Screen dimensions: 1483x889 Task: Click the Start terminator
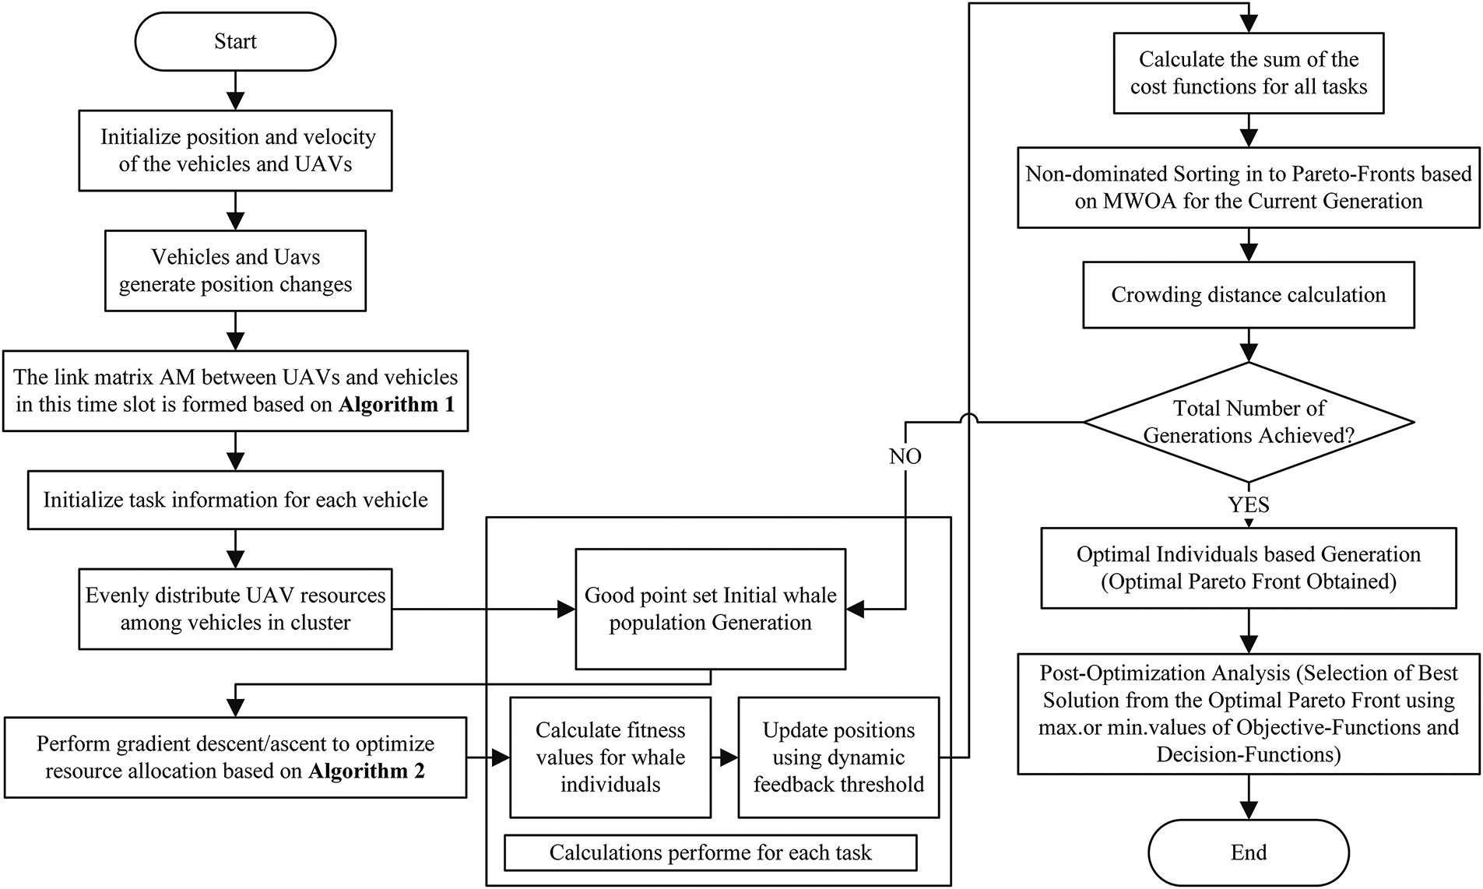(x=235, y=41)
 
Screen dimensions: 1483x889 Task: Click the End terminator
(x=1249, y=852)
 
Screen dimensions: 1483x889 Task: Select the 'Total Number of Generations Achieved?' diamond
(x=1249, y=422)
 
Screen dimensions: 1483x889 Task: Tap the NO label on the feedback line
(x=905, y=456)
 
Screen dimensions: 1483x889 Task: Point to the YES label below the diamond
(x=1249, y=505)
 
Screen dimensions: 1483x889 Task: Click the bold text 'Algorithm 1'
(x=396, y=405)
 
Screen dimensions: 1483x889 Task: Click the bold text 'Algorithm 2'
(x=367, y=771)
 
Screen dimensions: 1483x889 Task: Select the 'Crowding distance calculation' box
(x=1249, y=295)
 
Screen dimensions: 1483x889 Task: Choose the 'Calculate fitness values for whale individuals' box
(x=610, y=757)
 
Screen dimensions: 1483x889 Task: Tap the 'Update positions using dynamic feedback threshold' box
(x=838, y=757)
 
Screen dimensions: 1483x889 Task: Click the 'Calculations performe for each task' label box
(x=710, y=852)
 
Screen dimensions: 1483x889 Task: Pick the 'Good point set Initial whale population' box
(x=710, y=609)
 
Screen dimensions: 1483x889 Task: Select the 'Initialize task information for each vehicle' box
(x=235, y=500)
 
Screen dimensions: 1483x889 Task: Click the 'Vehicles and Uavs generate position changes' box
(x=235, y=271)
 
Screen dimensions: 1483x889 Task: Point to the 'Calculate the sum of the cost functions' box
(x=1249, y=73)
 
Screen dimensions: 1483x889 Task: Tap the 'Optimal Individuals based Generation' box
(x=1249, y=567)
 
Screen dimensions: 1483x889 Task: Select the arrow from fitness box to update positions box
(x=725, y=757)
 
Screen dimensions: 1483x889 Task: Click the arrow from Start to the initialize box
(x=235, y=90)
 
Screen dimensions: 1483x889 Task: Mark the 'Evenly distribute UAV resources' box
(x=235, y=609)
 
